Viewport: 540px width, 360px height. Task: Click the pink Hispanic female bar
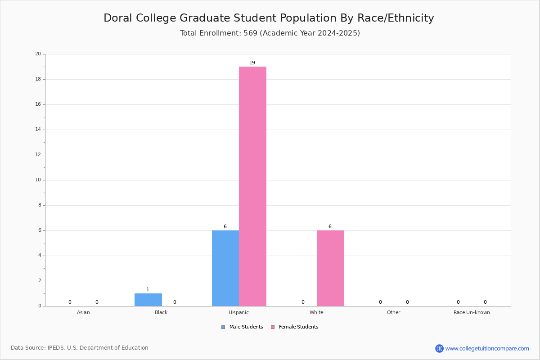click(252, 186)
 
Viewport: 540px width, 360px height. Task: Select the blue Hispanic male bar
click(225, 268)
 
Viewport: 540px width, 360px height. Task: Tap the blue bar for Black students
click(148, 300)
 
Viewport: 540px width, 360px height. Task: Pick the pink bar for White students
click(330, 268)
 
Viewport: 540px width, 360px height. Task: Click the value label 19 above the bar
click(252, 63)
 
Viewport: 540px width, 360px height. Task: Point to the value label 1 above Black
click(148, 289)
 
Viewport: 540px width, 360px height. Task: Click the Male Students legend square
click(223, 327)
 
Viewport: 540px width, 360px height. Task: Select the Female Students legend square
click(273, 327)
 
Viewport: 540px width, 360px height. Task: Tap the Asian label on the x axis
click(83, 312)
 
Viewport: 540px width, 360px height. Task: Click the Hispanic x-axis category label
click(238, 312)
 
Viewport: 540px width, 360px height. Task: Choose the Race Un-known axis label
click(472, 312)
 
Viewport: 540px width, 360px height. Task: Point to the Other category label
click(394, 312)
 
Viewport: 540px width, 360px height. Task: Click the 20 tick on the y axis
click(38, 54)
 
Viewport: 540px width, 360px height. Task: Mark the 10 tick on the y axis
click(38, 180)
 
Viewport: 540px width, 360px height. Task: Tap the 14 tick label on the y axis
click(38, 130)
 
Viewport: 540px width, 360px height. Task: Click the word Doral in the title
click(118, 18)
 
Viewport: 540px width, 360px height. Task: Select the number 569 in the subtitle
click(251, 33)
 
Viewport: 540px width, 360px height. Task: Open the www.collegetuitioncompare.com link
click(487, 348)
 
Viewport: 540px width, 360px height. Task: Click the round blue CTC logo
click(440, 348)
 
